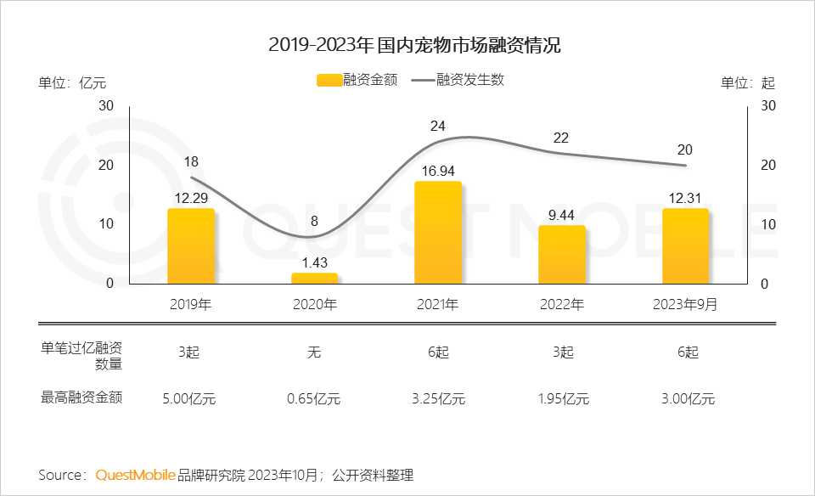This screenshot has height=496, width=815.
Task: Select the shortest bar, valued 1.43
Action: (x=314, y=279)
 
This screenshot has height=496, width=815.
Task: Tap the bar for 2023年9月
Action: (x=685, y=246)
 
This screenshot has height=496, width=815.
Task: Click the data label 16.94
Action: (x=438, y=171)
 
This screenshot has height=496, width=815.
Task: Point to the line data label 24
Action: (x=438, y=126)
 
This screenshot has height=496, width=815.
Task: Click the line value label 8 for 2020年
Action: (x=314, y=222)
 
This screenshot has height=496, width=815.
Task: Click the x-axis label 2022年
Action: (x=561, y=304)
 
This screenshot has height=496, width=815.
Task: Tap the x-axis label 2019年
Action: (x=191, y=304)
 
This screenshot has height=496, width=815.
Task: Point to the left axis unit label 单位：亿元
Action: (x=72, y=83)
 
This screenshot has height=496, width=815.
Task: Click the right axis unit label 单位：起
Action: (x=748, y=83)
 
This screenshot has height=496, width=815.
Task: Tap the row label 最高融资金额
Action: (x=81, y=397)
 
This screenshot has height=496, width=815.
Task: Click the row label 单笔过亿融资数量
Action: (x=81, y=355)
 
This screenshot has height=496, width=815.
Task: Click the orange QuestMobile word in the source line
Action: (x=136, y=474)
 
